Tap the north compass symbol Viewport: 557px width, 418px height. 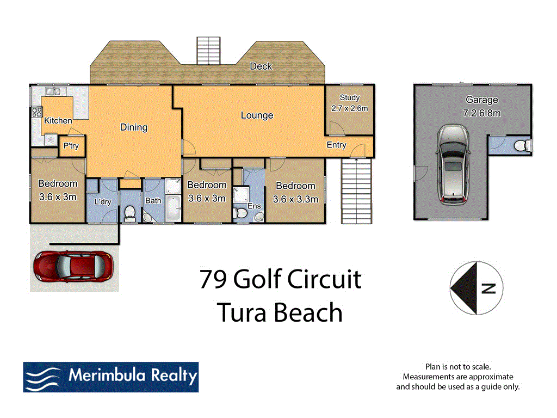[476, 288]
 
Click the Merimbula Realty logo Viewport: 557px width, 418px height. [110, 377]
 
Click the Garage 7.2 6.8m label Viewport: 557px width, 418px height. [481, 107]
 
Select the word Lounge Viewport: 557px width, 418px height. [257, 115]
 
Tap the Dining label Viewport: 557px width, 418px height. [134, 127]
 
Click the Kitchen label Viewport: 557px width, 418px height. [58, 120]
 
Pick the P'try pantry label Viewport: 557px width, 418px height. [71, 146]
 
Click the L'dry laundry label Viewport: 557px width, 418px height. [102, 202]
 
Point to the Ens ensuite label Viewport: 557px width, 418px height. [254, 207]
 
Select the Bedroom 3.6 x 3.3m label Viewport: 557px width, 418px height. [295, 192]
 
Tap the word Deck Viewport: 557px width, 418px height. [261, 66]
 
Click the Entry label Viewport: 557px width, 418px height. [336, 145]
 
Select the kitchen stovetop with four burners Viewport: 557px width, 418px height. [37, 113]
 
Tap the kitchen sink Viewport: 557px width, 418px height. [54, 91]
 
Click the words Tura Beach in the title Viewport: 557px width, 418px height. [280, 312]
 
